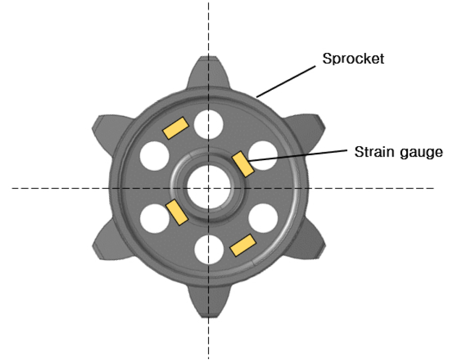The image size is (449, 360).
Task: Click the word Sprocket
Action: tap(353, 59)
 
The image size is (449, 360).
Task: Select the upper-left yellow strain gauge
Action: tap(176, 128)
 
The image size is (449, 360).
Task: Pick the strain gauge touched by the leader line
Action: tap(243, 164)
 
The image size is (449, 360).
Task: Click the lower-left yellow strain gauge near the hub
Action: tap(177, 212)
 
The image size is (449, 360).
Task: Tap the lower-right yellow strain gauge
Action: tap(243, 245)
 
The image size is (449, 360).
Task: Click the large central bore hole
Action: tap(209, 188)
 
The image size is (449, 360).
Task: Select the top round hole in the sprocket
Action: tap(208, 125)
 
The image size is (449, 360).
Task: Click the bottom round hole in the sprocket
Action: tap(209, 250)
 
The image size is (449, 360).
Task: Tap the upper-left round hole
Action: tap(154, 156)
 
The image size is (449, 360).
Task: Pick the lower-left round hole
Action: tap(155, 218)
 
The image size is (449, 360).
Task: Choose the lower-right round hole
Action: tap(263, 218)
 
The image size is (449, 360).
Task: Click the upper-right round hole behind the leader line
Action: tap(263, 156)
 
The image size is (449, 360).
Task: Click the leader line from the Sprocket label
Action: tap(286, 82)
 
